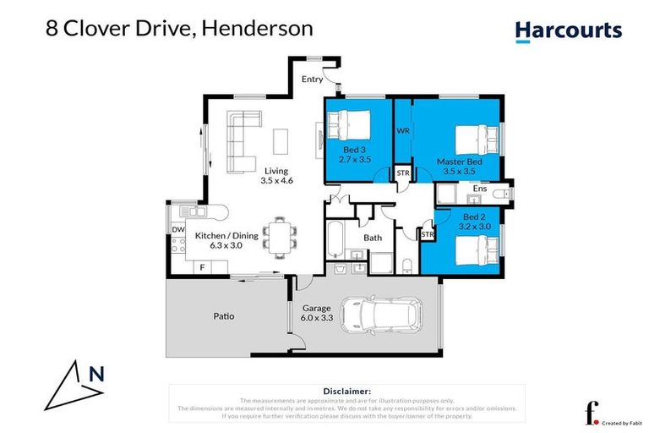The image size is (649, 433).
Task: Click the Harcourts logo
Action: click(x=568, y=31)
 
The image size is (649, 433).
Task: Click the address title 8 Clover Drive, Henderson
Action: click(x=178, y=28)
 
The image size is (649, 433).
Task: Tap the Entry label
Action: click(x=312, y=79)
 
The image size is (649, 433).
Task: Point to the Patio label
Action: click(x=223, y=317)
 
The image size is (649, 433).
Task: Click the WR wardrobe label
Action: click(x=403, y=130)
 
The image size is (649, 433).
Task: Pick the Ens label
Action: click(x=479, y=189)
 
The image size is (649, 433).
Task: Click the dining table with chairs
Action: click(x=278, y=235)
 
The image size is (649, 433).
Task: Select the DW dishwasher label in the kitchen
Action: click(x=178, y=229)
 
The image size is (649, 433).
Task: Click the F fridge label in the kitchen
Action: click(x=201, y=267)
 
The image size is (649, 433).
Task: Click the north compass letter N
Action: click(x=95, y=372)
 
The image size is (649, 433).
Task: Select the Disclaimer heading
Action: click(x=346, y=392)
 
